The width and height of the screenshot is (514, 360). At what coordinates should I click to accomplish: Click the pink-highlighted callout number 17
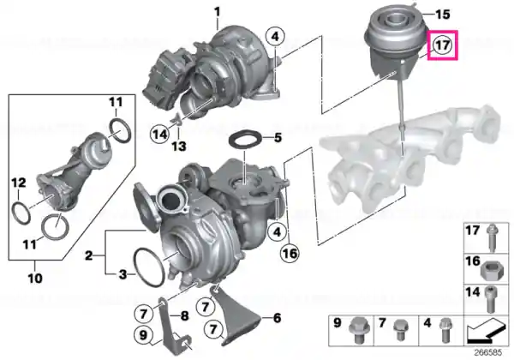coord(442,45)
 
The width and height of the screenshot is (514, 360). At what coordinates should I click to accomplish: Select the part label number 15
coord(442,15)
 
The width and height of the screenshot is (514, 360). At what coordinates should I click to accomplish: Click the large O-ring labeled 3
coord(149,267)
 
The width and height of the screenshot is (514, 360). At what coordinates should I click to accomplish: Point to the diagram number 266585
coord(488,353)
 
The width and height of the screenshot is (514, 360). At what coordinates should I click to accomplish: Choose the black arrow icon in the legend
coord(486,329)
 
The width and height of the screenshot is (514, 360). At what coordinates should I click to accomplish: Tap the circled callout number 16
coord(290,253)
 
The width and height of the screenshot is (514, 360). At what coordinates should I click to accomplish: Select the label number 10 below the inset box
coord(35,279)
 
